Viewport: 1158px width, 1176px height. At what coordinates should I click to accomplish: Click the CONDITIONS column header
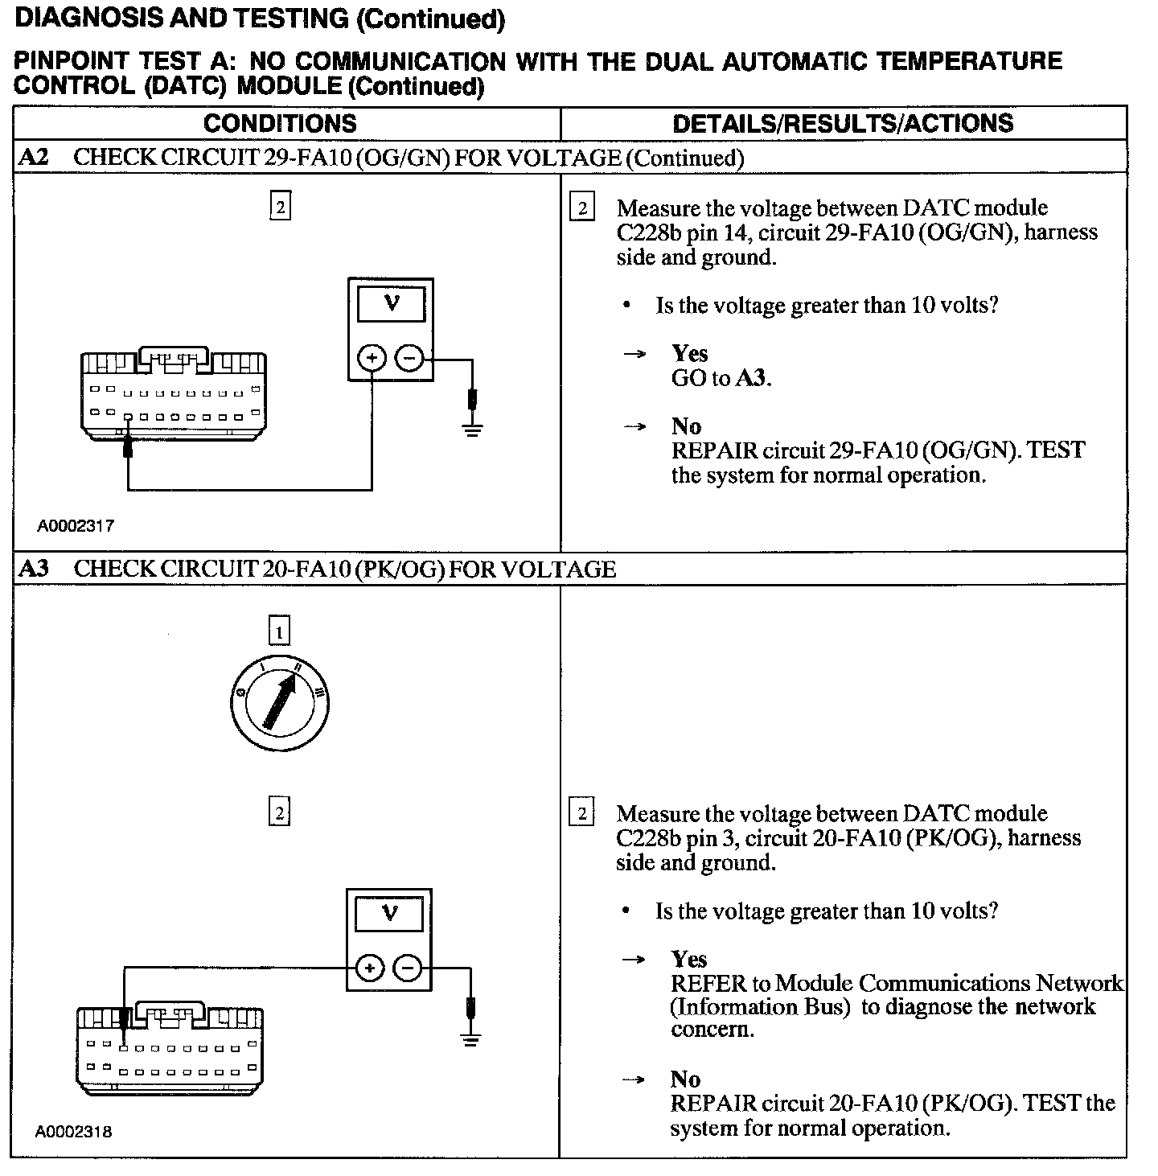point(280,123)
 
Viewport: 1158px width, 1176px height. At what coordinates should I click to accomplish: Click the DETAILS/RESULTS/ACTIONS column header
point(843,123)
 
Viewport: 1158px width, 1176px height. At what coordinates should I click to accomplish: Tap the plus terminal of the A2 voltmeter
point(372,358)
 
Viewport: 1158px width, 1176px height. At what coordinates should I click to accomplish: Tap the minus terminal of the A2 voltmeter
point(410,358)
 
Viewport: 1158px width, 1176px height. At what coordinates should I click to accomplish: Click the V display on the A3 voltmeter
point(390,913)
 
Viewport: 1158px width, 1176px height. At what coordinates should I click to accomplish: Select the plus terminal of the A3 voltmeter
point(369,968)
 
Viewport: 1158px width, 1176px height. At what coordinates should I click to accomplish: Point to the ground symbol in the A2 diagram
point(472,429)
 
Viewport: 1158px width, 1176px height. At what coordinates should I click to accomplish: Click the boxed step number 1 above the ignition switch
point(279,632)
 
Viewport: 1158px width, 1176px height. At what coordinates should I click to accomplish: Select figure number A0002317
point(76,526)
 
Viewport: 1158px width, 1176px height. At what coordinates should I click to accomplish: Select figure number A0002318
point(74,1132)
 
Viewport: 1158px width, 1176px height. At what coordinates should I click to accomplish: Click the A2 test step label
point(33,157)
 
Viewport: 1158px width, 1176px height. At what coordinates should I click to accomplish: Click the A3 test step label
point(33,569)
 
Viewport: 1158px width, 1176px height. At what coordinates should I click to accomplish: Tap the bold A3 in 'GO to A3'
point(753,378)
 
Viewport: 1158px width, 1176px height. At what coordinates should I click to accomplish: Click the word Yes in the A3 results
point(689,959)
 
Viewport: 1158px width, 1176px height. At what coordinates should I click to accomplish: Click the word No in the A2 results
point(686,426)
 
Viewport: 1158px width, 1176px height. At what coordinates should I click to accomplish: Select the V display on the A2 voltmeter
point(392,303)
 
